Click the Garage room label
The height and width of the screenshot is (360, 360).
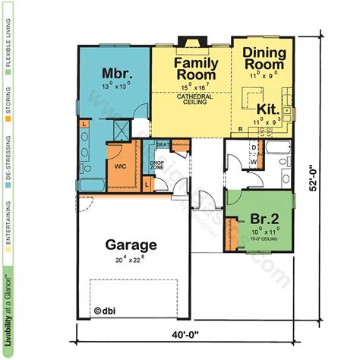[x=131, y=245]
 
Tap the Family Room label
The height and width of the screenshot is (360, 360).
[x=197, y=68]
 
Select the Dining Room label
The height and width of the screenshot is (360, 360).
[x=264, y=59]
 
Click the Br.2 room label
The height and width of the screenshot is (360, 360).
[x=264, y=219]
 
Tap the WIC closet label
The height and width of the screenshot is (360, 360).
[x=120, y=164]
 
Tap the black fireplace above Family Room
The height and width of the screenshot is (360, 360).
[x=186, y=42]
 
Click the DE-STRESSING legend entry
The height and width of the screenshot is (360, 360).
[x=8, y=163]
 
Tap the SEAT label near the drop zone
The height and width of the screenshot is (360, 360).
[x=162, y=144]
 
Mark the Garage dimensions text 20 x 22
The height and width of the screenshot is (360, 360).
[x=131, y=261]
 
